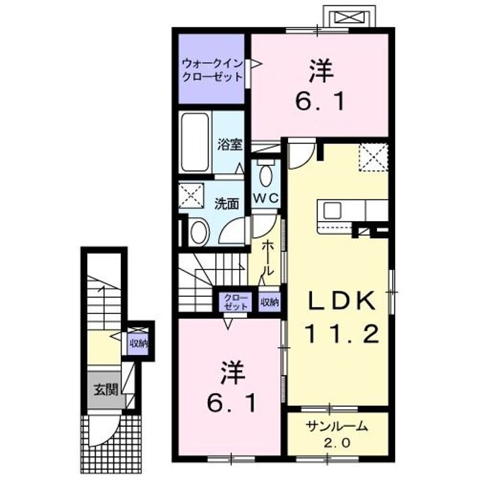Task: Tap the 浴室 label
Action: pyautogui.click(x=229, y=145)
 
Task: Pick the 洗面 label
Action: pyautogui.click(x=226, y=203)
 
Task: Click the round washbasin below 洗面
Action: pyautogui.click(x=199, y=232)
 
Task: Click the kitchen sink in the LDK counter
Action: pyautogui.click(x=332, y=210)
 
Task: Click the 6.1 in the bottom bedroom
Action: pyautogui.click(x=228, y=402)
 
